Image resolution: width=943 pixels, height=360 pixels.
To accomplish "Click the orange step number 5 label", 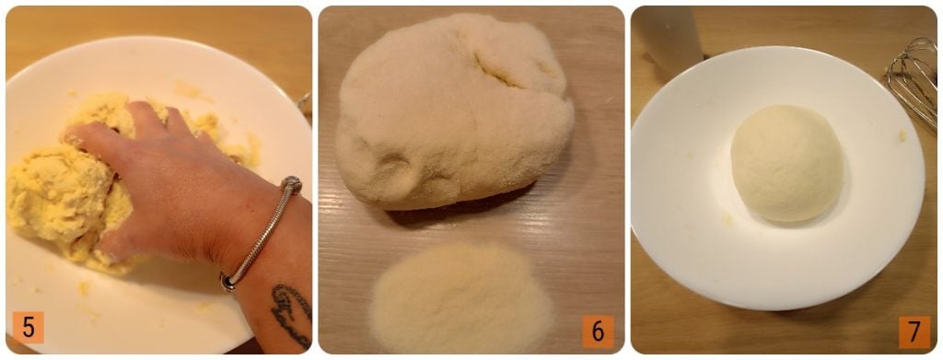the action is tap(29, 328).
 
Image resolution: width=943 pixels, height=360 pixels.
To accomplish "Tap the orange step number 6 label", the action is tap(598, 331).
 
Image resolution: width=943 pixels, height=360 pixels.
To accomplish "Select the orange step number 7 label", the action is tap(914, 332).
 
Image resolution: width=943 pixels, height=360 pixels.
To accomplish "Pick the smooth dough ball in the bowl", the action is tap(786, 163).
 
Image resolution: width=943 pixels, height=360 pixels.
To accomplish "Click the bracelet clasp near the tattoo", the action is tap(228, 282).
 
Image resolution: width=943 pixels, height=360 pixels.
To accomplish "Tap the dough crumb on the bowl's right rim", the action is tap(902, 136).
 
